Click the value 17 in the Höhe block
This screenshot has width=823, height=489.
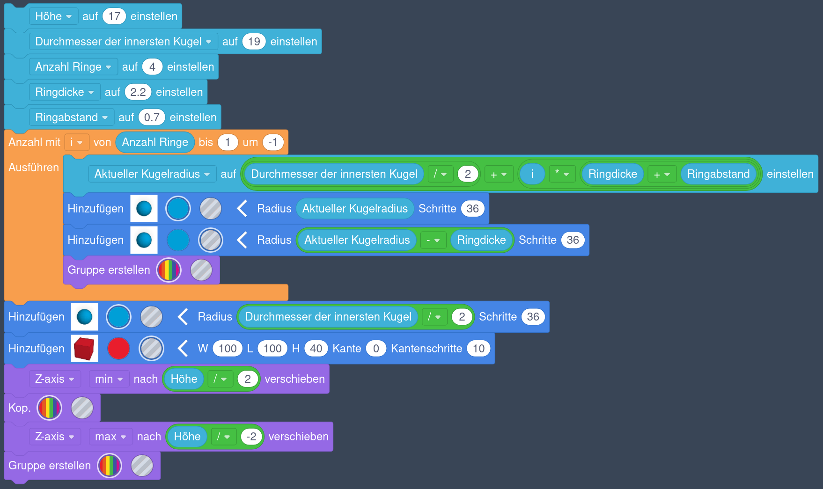click(x=114, y=16)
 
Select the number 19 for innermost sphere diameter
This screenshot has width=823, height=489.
click(x=254, y=42)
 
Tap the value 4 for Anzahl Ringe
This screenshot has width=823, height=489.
click(x=152, y=67)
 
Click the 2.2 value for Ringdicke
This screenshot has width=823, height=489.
click(x=138, y=92)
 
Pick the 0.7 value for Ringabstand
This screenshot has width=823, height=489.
click(x=152, y=117)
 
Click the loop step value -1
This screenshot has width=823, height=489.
click(x=273, y=142)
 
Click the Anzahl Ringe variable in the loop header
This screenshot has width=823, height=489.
click(x=155, y=142)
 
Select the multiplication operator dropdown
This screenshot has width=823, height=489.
click(x=561, y=174)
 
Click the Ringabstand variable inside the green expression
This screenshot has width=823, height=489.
click(x=718, y=174)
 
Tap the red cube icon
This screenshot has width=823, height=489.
click(x=84, y=349)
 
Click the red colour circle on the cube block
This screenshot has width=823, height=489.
click(x=118, y=349)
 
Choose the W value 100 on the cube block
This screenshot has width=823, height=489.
click(x=228, y=349)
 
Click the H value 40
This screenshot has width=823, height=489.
click(x=316, y=349)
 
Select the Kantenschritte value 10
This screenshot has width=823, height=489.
click(x=478, y=349)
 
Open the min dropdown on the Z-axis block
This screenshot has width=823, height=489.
click(x=109, y=379)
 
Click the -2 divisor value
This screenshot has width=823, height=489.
click(x=251, y=437)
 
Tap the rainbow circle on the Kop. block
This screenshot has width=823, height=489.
click(x=50, y=408)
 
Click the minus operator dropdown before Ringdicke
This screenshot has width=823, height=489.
click(x=433, y=240)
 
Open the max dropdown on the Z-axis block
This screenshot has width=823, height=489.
click(x=110, y=437)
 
